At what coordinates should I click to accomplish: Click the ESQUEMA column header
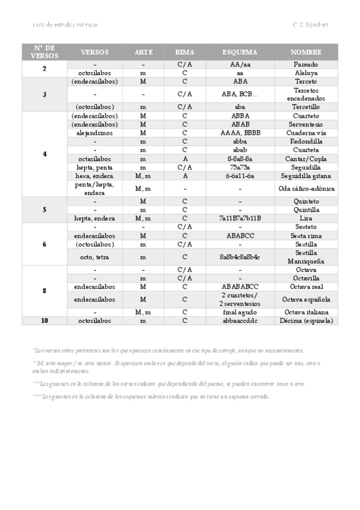pos(240,52)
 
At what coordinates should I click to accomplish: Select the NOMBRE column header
pos(306,52)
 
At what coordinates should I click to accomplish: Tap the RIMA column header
pos(185,52)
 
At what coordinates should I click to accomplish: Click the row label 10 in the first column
pos(44,321)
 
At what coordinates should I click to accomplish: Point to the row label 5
pos(44,209)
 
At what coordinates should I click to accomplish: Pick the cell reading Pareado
pos(306,64)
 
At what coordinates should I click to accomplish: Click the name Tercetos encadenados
pos(306,94)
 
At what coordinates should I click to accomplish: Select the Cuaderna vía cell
pos(306,133)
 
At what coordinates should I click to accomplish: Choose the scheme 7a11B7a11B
pos(240,218)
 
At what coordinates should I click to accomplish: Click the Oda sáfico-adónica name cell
pos(306,188)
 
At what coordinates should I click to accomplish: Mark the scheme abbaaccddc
pos(240,321)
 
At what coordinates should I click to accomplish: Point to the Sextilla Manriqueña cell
pos(306,257)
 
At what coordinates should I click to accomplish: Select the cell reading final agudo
pos(240,312)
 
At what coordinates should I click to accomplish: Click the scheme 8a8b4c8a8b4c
pos(240,257)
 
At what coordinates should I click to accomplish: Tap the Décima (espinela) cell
pos(306,321)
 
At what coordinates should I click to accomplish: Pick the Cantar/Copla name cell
pos(306,159)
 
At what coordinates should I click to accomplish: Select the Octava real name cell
pos(306,287)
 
